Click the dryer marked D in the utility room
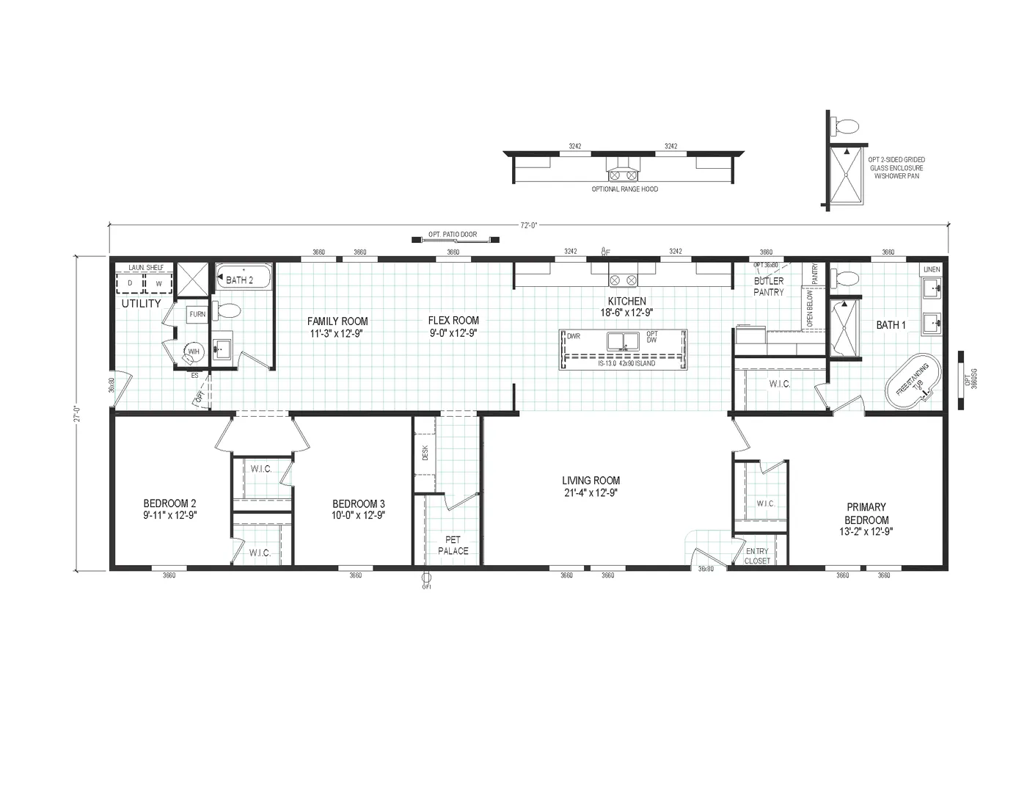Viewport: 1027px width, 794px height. (x=130, y=283)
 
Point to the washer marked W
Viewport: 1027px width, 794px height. (x=157, y=283)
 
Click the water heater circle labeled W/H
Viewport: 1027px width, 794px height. (x=193, y=352)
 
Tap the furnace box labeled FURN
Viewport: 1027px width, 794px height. (x=197, y=314)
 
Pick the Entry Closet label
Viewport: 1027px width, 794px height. (x=758, y=556)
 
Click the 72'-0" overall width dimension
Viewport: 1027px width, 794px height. (x=530, y=226)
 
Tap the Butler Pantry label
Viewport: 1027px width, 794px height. (x=768, y=286)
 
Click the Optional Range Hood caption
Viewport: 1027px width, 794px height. (x=624, y=189)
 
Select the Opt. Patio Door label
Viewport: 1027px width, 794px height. (x=453, y=235)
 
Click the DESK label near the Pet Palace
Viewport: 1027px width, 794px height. (x=425, y=454)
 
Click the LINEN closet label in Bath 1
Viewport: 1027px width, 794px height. (x=931, y=270)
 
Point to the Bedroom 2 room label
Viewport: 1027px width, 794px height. (x=169, y=509)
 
